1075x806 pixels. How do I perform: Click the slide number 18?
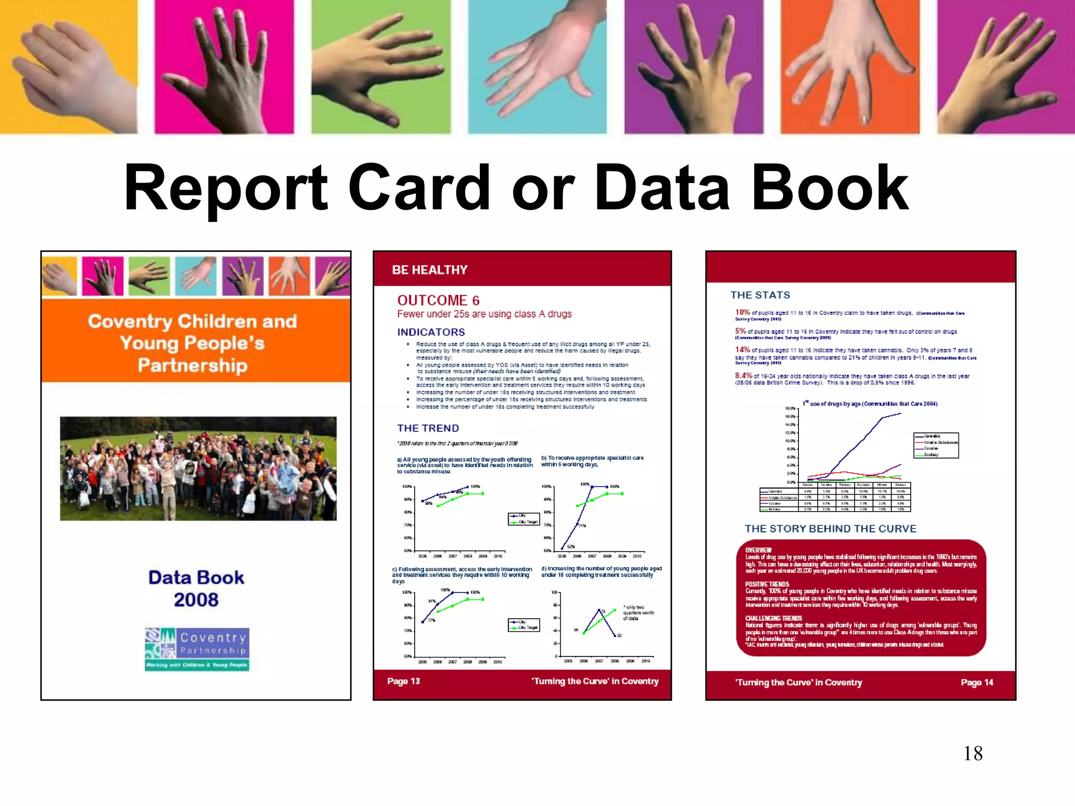coord(973,754)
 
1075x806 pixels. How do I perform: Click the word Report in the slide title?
coord(226,187)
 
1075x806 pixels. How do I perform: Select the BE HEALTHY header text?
coord(429,270)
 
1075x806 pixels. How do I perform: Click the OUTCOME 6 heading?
coord(438,300)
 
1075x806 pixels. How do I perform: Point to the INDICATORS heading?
coord(431,332)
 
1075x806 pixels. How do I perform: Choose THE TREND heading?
coord(428,428)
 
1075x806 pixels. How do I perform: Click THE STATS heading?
coord(760,295)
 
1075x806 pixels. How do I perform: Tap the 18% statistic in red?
coord(742,312)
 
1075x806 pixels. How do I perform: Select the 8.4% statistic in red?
coord(743,375)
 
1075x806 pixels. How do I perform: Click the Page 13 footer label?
coord(403,681)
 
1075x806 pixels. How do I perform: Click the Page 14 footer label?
coord(977,682)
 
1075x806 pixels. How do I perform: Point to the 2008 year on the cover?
coord(196,600)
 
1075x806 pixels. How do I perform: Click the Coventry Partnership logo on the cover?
coord(197,649)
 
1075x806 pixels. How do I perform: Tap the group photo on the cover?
coord(198,468)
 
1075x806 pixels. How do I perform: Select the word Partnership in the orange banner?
coord(192,365)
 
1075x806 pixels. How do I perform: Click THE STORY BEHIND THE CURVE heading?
coord(830,528)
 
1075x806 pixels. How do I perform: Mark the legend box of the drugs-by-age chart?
coord(936,446)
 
